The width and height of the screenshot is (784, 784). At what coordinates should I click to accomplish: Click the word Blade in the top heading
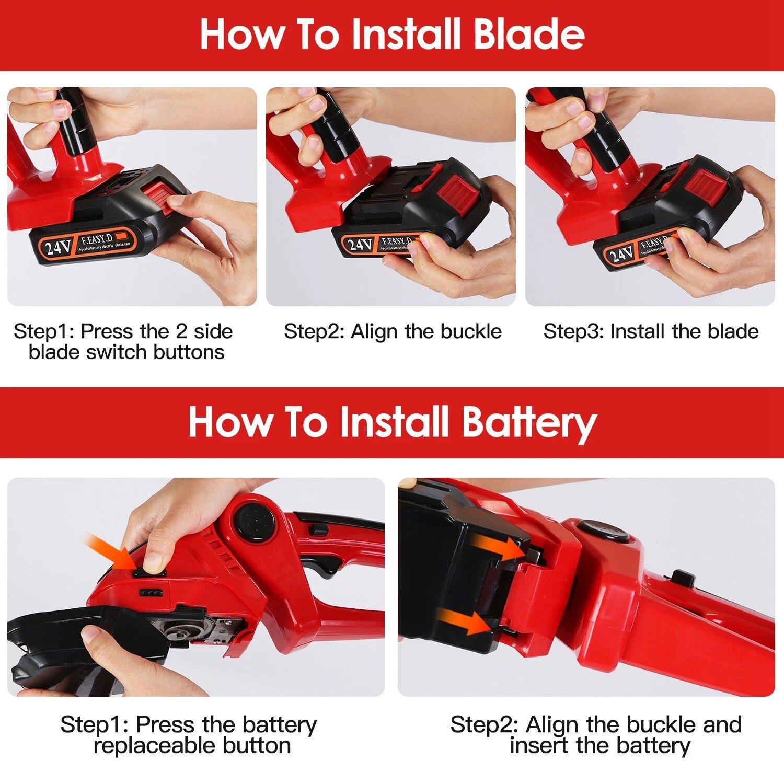[x=528, y=34]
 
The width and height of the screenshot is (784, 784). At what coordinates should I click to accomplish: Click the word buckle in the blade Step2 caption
[x=471, y=331]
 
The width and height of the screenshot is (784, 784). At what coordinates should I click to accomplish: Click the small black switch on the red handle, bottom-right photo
[x=682, y=578]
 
